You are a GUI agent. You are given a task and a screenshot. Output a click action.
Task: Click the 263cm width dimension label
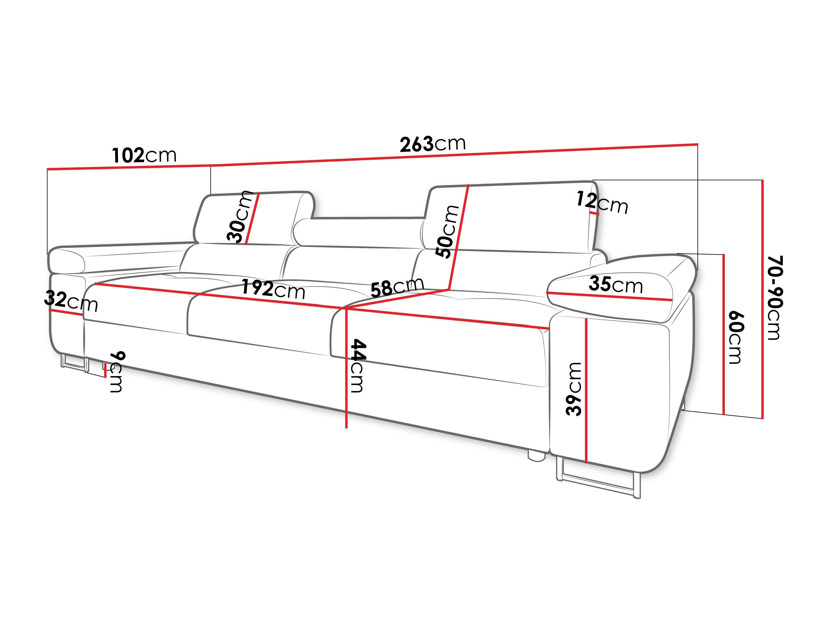click(433, 144)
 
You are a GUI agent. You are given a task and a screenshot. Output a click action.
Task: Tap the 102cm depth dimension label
click(144, 155)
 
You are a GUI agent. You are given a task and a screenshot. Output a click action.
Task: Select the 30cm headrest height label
click(240, 217)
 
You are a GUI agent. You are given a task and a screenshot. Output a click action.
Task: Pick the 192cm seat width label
click(273, 289)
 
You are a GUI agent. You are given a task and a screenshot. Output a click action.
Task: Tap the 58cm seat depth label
click(397, 287)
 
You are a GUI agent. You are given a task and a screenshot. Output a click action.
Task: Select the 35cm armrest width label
click(616, 285)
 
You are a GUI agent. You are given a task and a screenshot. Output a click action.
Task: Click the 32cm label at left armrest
click(71, 301)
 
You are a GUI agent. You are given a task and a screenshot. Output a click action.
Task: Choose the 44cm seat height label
click(357, 366)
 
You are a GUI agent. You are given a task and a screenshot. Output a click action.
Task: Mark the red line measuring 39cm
click(586, 391)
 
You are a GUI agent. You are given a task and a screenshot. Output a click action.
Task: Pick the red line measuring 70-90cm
click(762, 299)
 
